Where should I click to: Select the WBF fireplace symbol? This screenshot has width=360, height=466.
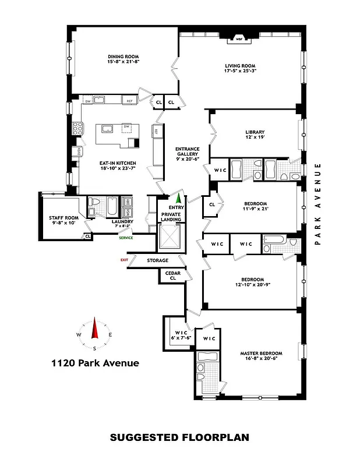coord(238,40)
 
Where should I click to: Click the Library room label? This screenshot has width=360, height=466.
coord(255,132)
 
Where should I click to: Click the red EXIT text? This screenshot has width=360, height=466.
coord(123,260)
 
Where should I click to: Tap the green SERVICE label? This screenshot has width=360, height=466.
coord(125,237)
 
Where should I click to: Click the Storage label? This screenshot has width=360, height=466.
coord(157,260)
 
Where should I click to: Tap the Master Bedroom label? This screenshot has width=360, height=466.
coord(261,353)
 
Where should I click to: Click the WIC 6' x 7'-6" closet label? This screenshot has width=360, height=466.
coord(177,334)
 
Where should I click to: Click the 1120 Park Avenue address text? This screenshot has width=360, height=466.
coord(95,363)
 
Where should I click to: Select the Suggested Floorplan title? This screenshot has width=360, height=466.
coord(179,437)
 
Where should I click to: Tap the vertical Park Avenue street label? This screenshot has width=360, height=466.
coord(318,204)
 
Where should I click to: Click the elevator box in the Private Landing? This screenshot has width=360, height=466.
coord(171,237)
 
